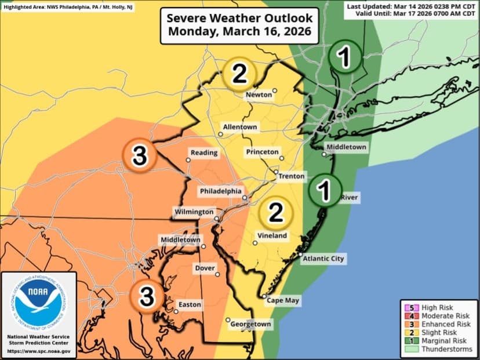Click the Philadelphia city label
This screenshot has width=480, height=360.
click(x=221, y=191)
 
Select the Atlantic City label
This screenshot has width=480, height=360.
click(x=324, y=259)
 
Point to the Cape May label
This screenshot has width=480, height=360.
click(x=282, y=301)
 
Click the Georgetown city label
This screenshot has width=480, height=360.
click(x=251, y=325)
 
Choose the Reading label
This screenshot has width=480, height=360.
click(x=205, y=153)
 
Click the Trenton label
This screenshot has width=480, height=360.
click(x=292, y=176)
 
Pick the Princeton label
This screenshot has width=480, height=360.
click(x=263, y=151)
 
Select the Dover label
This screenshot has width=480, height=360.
click(x=205, y=268)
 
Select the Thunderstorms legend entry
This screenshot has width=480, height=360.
click(x=447, y=350)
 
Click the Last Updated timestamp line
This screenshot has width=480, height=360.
click(x=412, y=6)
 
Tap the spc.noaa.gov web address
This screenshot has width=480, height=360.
click(x=39, y=351)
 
